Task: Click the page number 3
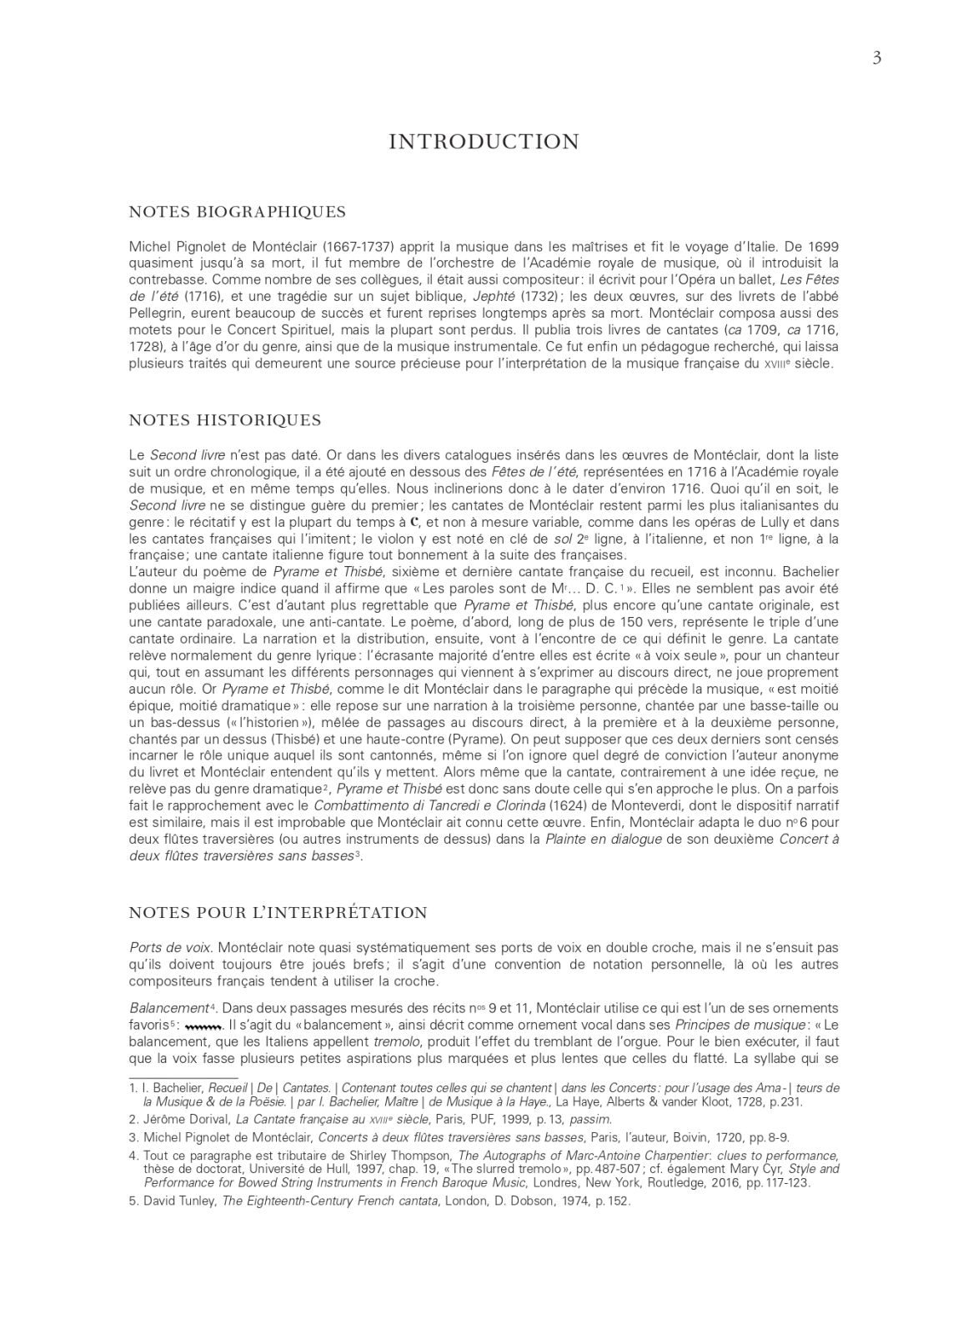tap(876, 58)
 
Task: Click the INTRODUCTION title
tap(484, 142)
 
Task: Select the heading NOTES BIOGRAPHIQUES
tap(238, 211)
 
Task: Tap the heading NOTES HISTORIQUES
tap(225, 419)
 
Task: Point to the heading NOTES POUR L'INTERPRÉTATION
tap(278, 912)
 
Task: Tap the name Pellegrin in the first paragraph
tap(157, 313)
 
